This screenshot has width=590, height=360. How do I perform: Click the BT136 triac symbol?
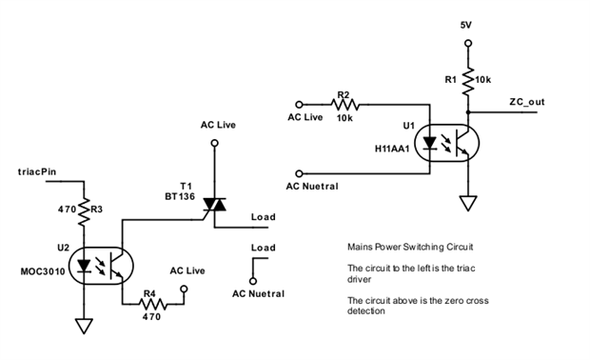coord(214,205)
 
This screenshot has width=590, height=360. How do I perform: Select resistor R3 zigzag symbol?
coord(84,211)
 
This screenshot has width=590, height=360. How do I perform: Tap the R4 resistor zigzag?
coord(153,304)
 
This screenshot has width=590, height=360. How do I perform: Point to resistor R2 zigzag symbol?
coord(345,104)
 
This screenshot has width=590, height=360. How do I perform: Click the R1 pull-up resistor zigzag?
coord(468,81)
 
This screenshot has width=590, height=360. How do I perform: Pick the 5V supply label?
coord(466,25)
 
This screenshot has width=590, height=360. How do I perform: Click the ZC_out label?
coord(527,102)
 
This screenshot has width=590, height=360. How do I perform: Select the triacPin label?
coord(37,171)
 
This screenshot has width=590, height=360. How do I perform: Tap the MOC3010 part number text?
coord(43,271)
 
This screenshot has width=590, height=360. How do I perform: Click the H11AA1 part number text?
coord(392,149)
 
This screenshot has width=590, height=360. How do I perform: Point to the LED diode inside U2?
coord(84,266)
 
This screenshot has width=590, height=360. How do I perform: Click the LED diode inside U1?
coord(430,143)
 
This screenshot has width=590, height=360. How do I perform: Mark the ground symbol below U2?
coord(84,326)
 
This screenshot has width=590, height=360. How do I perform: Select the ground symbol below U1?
coord(468,204)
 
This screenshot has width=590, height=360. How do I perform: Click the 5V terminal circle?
coord(468,43)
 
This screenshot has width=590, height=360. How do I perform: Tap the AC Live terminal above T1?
coord(215,143)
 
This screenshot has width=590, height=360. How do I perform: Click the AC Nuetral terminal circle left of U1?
coord(299,173)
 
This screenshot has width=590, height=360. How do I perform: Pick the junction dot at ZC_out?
coord(468,112)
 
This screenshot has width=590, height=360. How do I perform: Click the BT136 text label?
coord(180,196)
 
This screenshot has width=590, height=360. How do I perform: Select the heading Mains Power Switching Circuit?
coord(410,247)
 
